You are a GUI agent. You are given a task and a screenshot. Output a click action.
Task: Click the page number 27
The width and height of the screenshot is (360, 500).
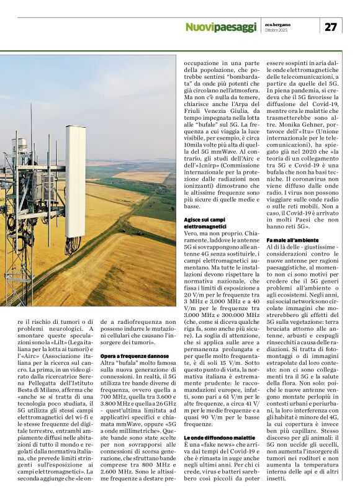click(x=331, y=26)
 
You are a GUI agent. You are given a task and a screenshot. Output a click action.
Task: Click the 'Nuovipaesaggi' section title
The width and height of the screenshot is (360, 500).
click(x=220, y=27)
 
